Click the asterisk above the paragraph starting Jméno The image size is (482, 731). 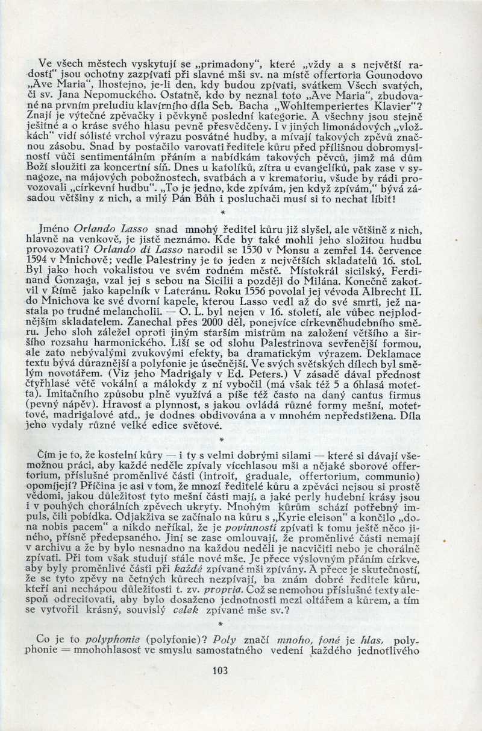pyautogui.click(x=223, y=213)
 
